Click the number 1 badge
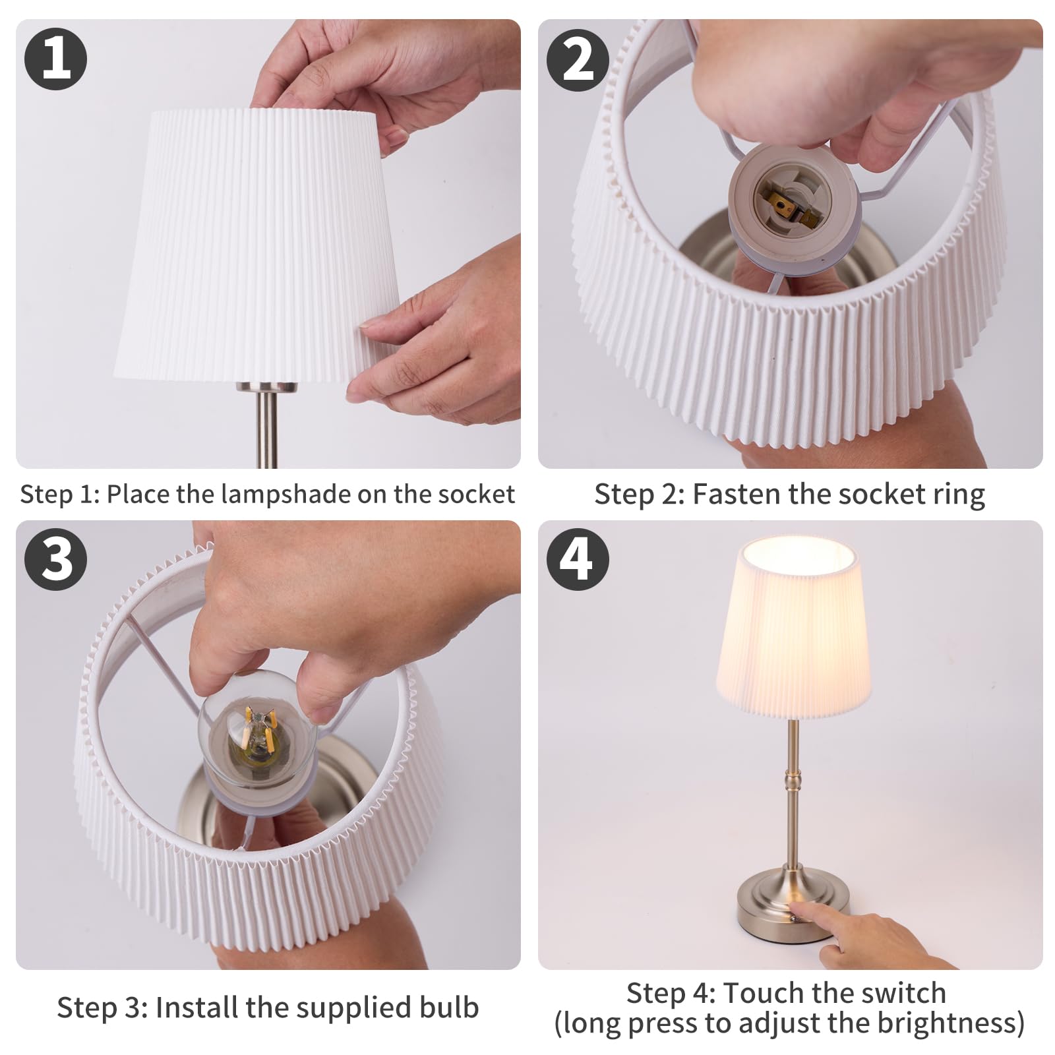pyautogui.click(x=56, y=59)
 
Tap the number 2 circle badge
pyautogui.click(x=578, y=59)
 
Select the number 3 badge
pyautogui.click(x=56, y=559)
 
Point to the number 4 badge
pyautogui.click(x=578, y=559)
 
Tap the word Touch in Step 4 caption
pyautogui.click(x=765, y=992)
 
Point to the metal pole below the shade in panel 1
pyautogui.click(x=266, y=422)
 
